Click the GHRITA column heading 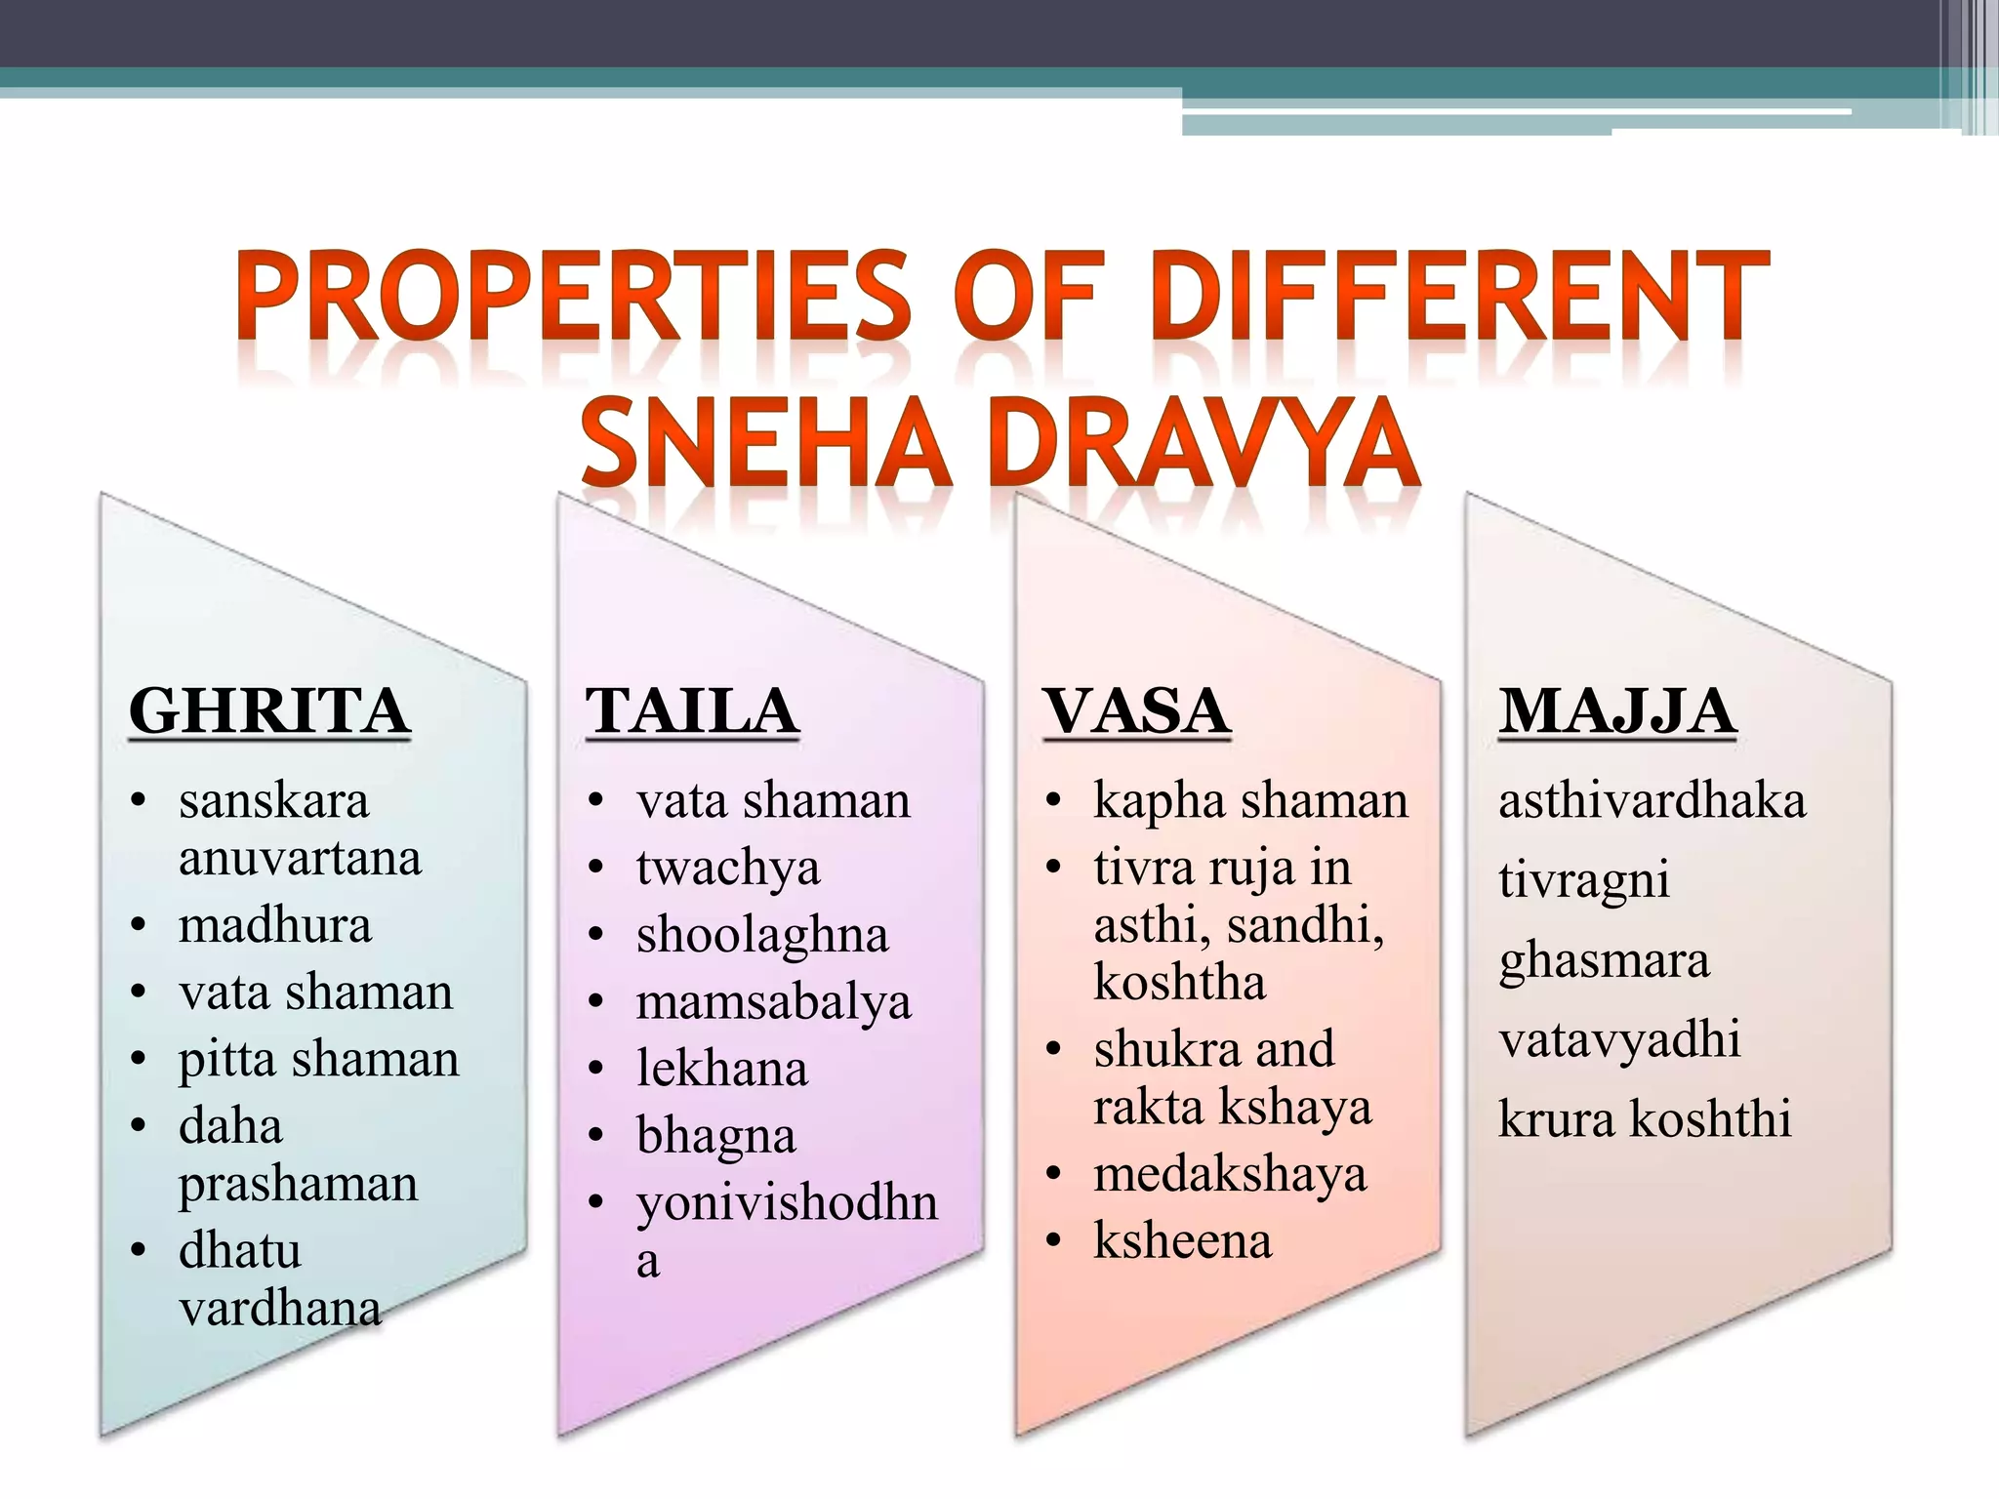coord(268,710)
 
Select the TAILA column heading coord(692,710)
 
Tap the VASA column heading coord(1136,710)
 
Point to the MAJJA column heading coord(1616,710)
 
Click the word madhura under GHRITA coord(275,925)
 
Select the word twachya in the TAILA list coord(727,868)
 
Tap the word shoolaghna coord(762,935)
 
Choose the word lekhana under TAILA coord(722,1069)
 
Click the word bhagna coord(715,1136)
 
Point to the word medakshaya coord(1230,1174)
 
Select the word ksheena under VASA coord(1182,1240)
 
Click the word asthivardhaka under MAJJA coord(1652,801)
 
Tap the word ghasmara coord(1604,960)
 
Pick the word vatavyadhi coord(1619,1039)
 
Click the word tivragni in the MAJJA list coord(1583,880)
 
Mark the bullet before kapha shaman coord(1052,801)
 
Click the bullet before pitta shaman coord(139,1059)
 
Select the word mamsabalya coord(773,1002)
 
